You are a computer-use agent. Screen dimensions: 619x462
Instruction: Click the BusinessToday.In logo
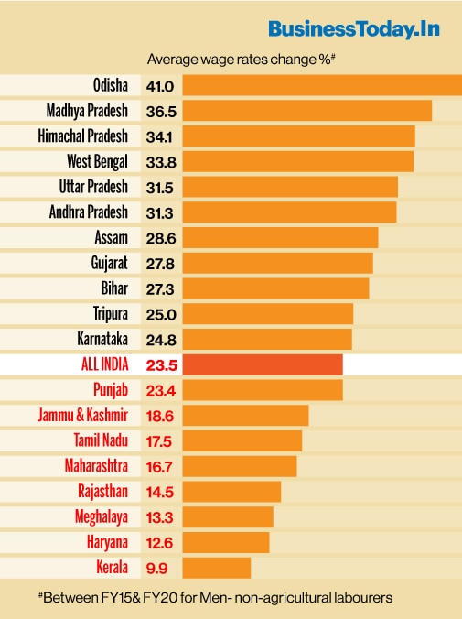354,28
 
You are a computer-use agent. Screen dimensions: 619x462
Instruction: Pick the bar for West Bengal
298,161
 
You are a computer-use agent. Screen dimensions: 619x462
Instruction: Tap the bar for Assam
280,237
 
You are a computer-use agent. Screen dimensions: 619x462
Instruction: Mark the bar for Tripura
268,314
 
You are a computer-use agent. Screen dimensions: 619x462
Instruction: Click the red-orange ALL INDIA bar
263,364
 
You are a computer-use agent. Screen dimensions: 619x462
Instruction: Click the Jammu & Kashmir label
83,416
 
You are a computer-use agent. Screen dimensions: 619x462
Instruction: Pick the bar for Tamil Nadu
242,440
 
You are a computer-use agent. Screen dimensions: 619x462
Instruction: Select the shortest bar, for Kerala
217,567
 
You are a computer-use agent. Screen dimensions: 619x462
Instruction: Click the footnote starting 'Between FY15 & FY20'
216,597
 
